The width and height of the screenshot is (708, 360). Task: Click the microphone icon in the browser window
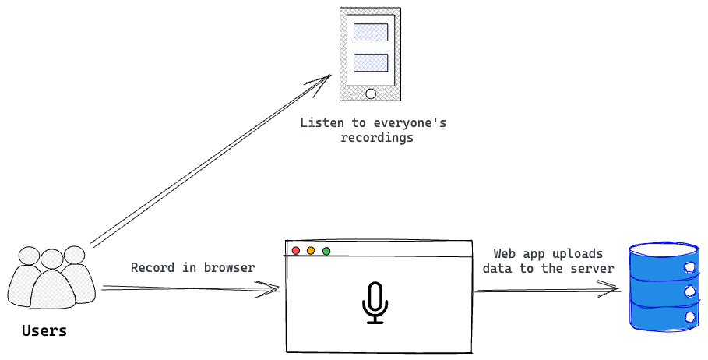point(375,303)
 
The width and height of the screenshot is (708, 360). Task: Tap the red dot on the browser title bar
point(295,251)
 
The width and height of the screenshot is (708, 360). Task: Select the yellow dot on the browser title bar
point(311,251)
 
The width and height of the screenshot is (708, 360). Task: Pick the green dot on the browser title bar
point(326,251)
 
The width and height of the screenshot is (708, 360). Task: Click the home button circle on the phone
point(371,94)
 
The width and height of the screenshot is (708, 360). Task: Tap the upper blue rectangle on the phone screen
point(371,32)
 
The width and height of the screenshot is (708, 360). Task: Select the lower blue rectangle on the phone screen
point(371,62)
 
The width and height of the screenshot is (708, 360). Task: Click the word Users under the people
point(44,330)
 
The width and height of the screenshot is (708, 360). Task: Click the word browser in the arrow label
point(229,268)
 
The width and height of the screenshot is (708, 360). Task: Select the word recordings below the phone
point(377,138)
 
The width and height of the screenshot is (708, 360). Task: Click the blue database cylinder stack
point(664,288)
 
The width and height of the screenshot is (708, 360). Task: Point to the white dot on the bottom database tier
point(691,317)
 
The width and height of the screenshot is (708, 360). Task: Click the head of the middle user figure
point(52,259)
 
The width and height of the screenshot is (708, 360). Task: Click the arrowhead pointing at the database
point(614,290)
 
